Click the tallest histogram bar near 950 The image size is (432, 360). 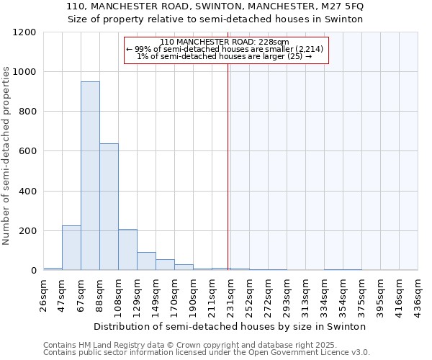[90, 176]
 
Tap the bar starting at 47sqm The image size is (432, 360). [71, 248]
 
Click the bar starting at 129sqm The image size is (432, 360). [146, 261]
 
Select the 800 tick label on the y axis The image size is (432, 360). [28, 112]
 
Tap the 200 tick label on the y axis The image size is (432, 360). [28, 231]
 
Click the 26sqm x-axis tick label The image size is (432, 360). [44, 294]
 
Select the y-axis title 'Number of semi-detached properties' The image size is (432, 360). [6, 151]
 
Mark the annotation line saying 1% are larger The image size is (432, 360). [224, 56]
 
